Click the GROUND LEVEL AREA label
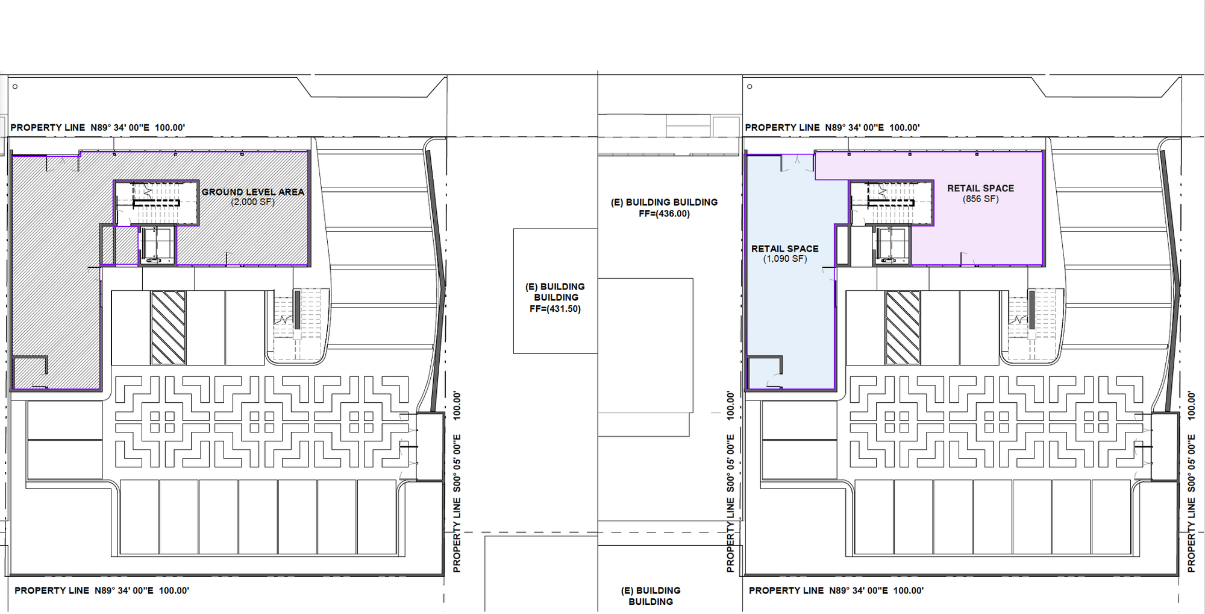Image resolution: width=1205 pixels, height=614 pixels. pyautogui.click(x=253, y=192)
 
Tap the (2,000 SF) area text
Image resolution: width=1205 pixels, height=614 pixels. pyautogui.click(x=253, y=202)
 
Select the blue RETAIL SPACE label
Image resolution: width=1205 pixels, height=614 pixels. pyautogui.click(x=784, y=248)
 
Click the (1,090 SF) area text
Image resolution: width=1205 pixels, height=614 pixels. pyautogui.click(x=784, y=259)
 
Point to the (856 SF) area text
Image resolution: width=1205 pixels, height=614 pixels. pyautogui.click(x=980, y=198)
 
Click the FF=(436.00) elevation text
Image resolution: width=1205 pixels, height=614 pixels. pyautogui.click(x=664, y=214)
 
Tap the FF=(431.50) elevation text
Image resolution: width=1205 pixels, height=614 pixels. pyautogui.click(x=555, y=309)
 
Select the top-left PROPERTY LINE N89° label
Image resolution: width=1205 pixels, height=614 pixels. pyautogui.click(x=98, y=127)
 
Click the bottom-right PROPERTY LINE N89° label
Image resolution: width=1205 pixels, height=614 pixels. pyautogui.click(x=836, y=590)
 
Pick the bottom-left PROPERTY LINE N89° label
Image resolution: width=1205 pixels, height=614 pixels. pyautogui.click(x=102, y=590)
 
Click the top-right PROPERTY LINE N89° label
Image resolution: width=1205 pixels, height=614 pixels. pyautogui.click(x=833, y=127)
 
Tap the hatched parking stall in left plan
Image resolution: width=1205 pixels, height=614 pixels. pyautogui.click(x=168, y=328)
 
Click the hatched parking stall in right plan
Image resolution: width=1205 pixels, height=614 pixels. pyautogui.click(x=903, y=328)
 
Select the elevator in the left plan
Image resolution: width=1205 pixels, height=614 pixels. pyautogui.click(x=158, y=245)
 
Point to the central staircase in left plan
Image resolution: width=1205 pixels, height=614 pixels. pyautogui.click(x=157, y=203)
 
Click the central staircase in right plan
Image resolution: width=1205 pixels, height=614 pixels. pyautogui.click(x=891, y=203)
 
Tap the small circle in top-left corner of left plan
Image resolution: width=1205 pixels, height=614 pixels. pyautogui.click(x=15, y=87)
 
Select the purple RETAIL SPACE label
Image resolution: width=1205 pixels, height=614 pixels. pyautogui.click(x=980, y=188)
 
